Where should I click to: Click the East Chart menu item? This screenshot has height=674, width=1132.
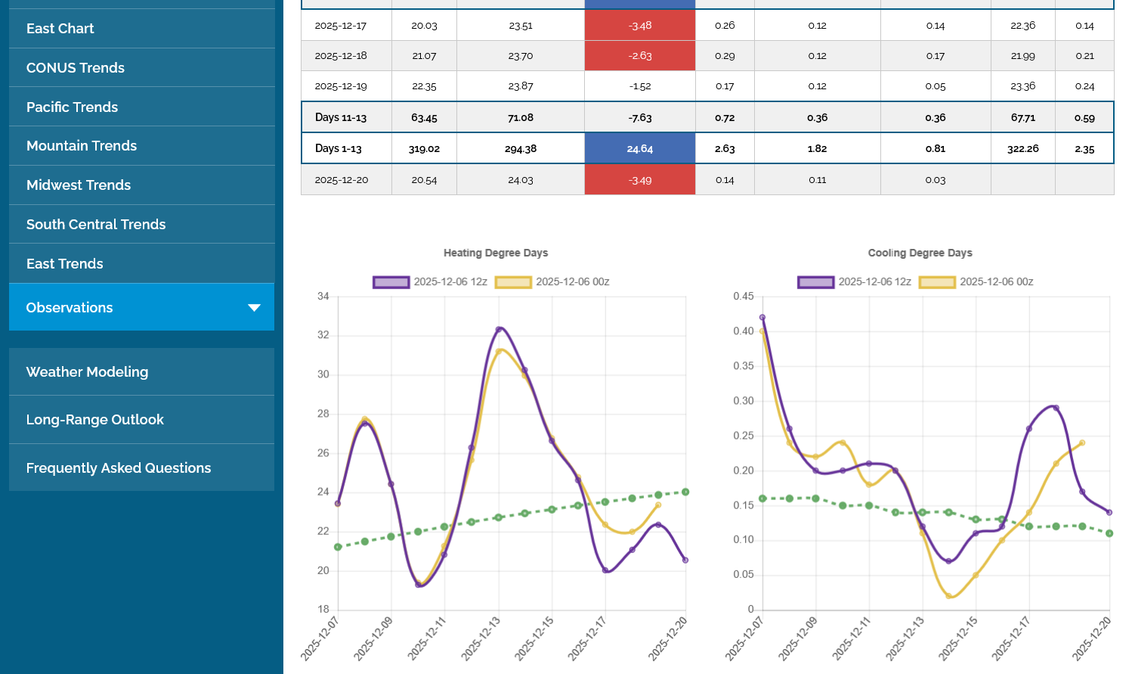pyautogui.click(x=60, y=29)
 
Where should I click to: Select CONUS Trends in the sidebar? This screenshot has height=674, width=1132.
pyautogui.click(x=76, y=68)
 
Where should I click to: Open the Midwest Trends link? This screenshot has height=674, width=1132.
pyautogui.click(x=79, y=185)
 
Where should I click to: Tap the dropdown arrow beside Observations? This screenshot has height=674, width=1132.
pyautogui.click(x=254, y=308)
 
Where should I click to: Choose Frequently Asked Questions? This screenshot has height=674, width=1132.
pyautogui.click(x=119, y=468)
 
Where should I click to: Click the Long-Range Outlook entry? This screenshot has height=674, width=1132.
pyautogui.click(x=95, y=420)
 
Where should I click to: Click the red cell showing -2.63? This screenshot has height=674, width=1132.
pyautogui.click(x=639, y=56)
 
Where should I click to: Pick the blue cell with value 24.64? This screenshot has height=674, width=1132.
pyautogui.click(x=639, y=149)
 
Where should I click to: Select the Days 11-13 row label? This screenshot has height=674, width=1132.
pyautogui.click(x=341, y=118)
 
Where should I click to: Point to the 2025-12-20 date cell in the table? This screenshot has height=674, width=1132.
pyautogui.click(x=342, y=180)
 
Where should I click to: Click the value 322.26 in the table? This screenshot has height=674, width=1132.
pyautogui.click(x=1022, y=149)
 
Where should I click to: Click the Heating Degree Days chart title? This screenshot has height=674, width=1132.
pyautogui.click(x=496, y=253)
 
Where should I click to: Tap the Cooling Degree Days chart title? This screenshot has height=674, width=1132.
pyautogui.click(x=920, y=253)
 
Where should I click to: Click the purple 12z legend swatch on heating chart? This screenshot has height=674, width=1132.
pyautogui.click(x=391, y=282)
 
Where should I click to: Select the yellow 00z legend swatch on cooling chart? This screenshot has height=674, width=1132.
pyautogui.click(x=937, y=282)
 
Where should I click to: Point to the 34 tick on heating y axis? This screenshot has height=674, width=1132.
pyautogui.click(x=323, y=297)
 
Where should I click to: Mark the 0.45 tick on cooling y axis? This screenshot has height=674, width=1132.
pyautogui.click(x=744, y=297)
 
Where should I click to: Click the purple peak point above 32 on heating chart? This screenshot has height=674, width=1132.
pyautogui.click(x=499, y=329)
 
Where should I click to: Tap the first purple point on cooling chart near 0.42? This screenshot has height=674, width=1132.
pyautogui.click(x=762, y=318)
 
